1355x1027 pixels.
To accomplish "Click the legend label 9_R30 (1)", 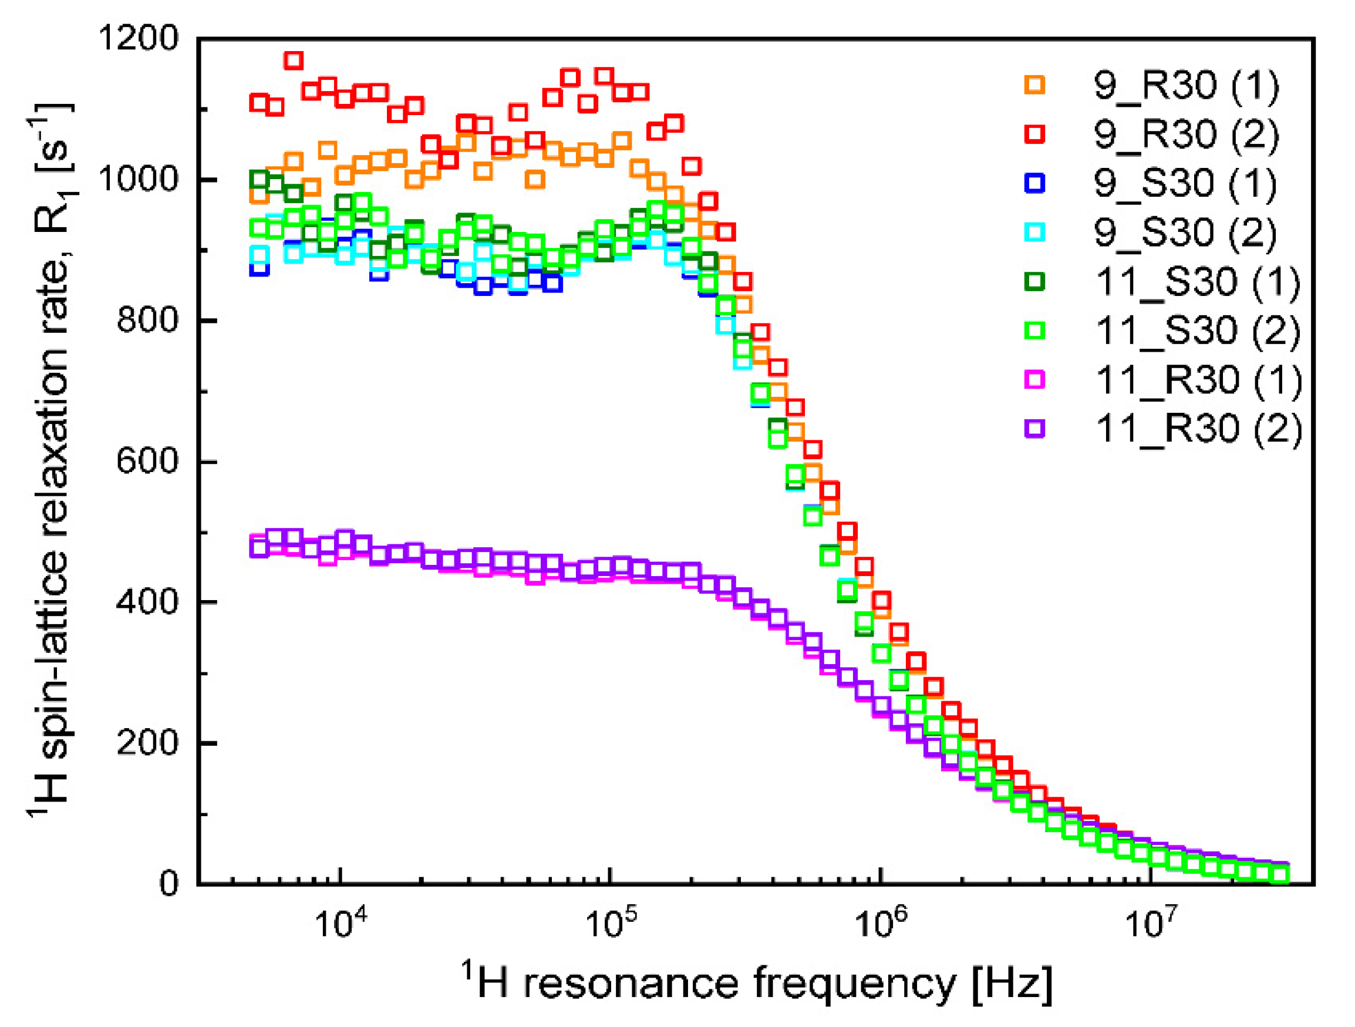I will point(1187,85).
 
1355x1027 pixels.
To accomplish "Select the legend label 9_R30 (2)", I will point(1187,134).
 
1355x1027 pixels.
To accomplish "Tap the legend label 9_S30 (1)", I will point(1185,183).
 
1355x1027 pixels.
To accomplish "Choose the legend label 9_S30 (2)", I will point(1185,233).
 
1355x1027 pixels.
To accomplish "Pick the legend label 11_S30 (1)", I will point(1198,282).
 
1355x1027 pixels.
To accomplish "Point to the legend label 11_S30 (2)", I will point(1198,331).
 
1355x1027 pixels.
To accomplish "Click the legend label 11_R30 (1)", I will point(1199,380).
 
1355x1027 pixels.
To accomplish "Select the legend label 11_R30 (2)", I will point(1199,428).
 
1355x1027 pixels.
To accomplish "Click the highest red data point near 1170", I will point(294,60).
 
